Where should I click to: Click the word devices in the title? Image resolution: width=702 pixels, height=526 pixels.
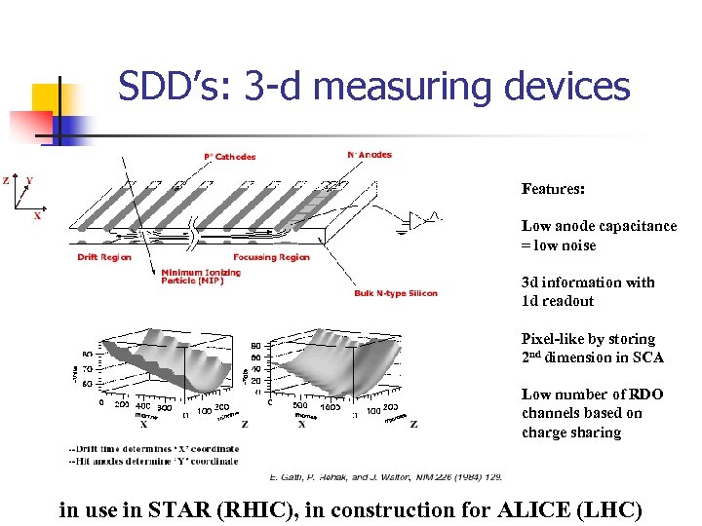567,87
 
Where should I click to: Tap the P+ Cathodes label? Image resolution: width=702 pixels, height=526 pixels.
230,156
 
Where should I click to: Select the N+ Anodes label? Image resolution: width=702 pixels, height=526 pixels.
370,154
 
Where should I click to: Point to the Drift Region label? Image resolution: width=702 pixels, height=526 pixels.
104,257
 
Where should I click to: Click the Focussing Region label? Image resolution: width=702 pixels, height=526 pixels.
271,257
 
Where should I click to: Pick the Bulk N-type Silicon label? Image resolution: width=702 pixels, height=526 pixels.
396,293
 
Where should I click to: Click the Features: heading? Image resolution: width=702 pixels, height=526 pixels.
553,188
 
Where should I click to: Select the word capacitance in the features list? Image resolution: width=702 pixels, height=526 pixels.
634,226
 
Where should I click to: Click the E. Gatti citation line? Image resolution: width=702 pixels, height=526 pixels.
386,477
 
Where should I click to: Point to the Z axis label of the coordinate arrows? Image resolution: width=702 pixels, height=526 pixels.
7,180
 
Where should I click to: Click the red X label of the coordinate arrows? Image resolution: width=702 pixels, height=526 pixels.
37,216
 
